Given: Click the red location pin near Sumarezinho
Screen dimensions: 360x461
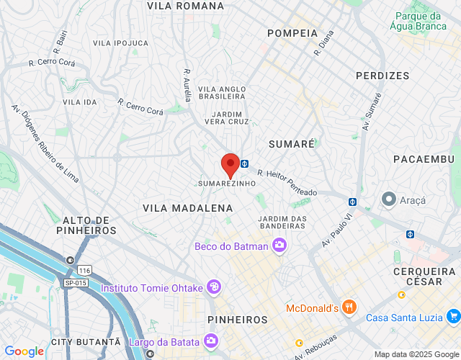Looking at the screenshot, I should coord(230,165).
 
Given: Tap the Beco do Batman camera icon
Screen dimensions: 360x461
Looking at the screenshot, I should coord(279,246).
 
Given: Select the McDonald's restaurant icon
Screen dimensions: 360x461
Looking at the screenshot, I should coord(349,307).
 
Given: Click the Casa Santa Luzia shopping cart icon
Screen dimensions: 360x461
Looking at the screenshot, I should coord(453,316).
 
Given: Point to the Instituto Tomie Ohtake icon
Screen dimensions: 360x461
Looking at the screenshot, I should coord(213,287).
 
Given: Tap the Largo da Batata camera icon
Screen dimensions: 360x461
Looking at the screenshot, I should coord(211,341).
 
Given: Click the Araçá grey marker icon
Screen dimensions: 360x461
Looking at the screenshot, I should coord(389,197).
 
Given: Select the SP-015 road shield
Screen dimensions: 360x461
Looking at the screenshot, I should coord(73,283).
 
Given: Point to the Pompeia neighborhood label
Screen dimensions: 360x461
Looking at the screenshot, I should coord(292,33).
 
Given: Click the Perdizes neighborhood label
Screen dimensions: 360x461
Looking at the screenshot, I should coord(382,76).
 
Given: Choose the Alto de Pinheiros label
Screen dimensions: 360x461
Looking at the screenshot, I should coord(86,225).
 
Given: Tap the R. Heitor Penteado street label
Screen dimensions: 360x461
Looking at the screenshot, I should coord(286,183).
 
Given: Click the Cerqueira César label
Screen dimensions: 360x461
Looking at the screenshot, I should coord(424,276).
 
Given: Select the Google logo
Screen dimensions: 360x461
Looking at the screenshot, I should coord(24,351).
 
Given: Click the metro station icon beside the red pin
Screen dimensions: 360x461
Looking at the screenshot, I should coord(245,163).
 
